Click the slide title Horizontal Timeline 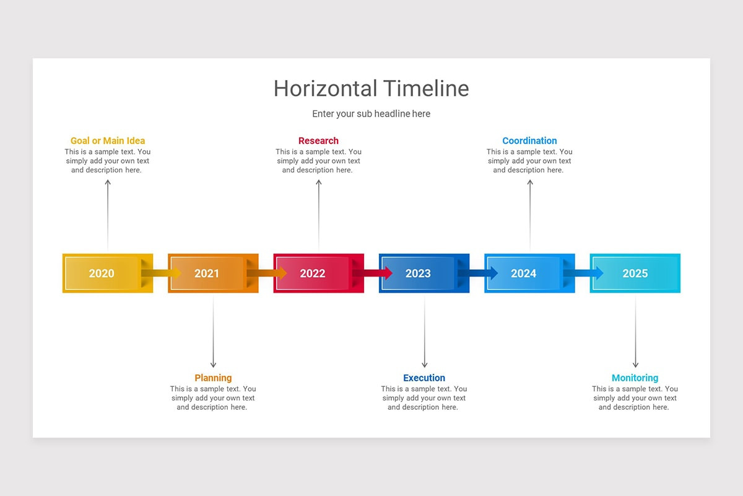pyautogui.click(x=371, y=89)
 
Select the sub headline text pyautogui.click(x=371, y=114)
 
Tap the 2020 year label pyautogui.click(x=102, y=273)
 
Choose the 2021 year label pyautogui.click(x=207, y=273)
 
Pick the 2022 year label pyautogui.click(x=313, y=273)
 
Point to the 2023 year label pyautogui.click(x=418, y=273)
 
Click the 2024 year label pyautogui.click(x=523, y=273)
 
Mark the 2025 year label pyautogui.click(x=635, y=273)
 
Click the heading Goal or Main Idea pyautogui.click(x=108, y=141)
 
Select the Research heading pyautogui.click(x=318, y=141)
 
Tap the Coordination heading pyautogui.click(x=529, y=141)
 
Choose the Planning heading pyautogui.click(x=213, y=378)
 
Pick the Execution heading pyautogui.click(x=424, y=378)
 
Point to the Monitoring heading pyautogui.click(x=635, y=378)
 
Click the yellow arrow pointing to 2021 pyautogui.click(x=162, y=273)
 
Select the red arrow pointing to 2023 pyautogui.click(x=373, y=273)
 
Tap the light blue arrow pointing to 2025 pyautogui.click(x=584, y=273)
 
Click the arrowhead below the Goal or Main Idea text pyautogui.click(x=108, y=182)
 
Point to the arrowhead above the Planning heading pyautogui.click(x=213, y=365)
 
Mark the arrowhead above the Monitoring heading pyautogui.click(x=635, y=365)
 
